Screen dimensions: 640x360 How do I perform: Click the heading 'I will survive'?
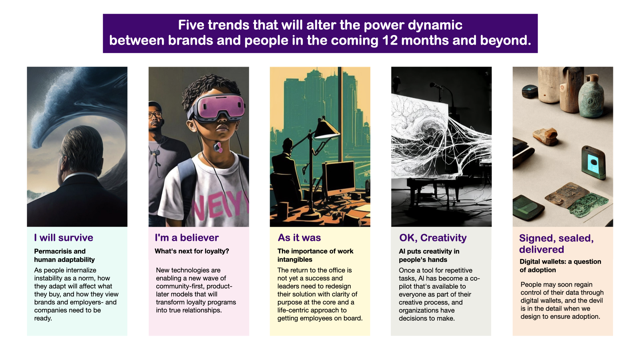tap(64, 238)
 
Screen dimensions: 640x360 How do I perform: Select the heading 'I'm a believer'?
tap(187, 238)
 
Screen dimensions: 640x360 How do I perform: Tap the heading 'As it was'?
tap(299, 238)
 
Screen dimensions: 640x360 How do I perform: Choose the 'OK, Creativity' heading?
tap(433, 238)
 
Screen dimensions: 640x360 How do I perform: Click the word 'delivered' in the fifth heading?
tap(542, 249)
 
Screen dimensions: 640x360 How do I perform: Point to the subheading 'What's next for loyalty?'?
tap(192, 251)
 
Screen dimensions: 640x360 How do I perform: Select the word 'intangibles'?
tap(295, 259)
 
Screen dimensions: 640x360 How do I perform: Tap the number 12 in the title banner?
tap(390, 40)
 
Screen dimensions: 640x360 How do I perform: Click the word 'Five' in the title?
tap(191, 25)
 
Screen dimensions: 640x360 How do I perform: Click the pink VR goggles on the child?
tap(217, 107)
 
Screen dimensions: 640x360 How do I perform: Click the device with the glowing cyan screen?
tap(594, 163)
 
